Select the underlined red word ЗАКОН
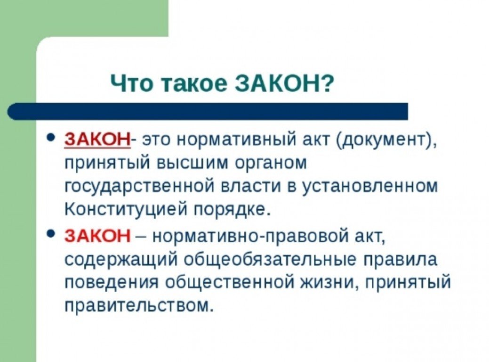(96, 140)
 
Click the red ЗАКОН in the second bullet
(97, 235)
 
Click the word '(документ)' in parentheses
(387, 141)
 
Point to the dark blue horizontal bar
(207, 111)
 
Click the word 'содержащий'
(121, 259)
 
